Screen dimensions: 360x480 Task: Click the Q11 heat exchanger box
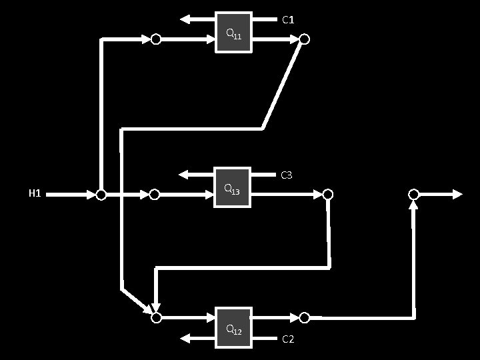233,32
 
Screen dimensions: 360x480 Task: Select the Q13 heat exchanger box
232,187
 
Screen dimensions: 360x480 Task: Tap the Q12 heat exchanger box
233,327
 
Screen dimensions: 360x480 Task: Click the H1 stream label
35,194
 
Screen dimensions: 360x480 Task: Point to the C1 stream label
288,20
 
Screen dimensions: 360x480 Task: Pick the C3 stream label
287,175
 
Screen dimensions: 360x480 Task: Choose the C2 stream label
288,339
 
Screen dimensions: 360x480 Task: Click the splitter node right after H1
101,195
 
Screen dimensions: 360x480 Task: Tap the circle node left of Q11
155,39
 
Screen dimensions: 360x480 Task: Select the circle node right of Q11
304,39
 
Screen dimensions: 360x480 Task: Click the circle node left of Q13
155,195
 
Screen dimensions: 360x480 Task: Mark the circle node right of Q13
327,195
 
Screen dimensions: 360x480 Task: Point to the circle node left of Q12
156,318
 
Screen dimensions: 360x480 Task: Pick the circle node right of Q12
304,317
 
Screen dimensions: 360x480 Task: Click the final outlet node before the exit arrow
413,194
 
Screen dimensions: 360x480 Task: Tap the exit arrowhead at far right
457,194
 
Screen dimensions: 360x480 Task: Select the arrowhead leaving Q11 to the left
185,19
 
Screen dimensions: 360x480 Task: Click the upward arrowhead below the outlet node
413,205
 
